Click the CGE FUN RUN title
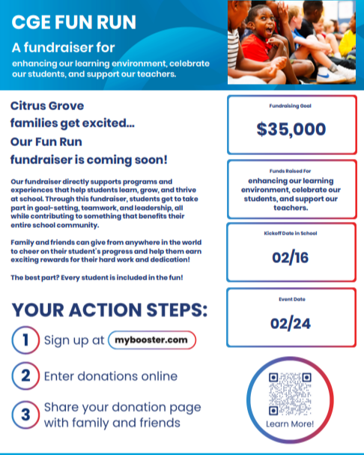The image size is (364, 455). [x=74, y=22]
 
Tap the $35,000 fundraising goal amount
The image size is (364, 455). [x=291, y=129]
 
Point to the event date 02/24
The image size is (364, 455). [x=291, y=325]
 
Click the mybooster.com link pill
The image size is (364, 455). [x=152, y=340]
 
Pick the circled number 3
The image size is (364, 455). [x=25, y=414]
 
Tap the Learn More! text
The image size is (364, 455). [x=290, y=425]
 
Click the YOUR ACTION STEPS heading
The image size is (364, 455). [x=110, y=310]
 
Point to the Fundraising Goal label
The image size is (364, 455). [x=291, y=106]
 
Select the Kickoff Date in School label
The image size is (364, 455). [x=291, y=233]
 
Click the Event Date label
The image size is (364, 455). [x=291, y=299]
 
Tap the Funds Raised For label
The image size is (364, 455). [x=291, y=172]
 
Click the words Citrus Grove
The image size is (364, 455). [x=47, y=106]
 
